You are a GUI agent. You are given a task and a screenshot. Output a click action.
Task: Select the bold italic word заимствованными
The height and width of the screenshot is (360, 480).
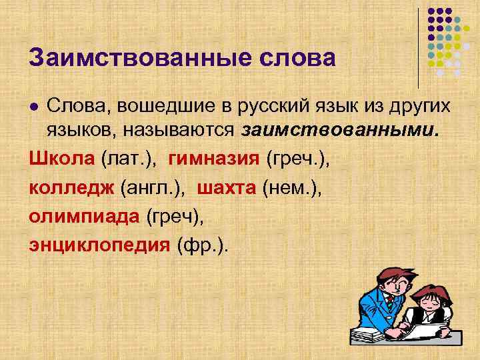pyautogui.click(x=341, y=130)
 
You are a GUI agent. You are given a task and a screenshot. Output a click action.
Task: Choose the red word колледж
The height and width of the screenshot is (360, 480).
pyautogui.click(x=72, y=187)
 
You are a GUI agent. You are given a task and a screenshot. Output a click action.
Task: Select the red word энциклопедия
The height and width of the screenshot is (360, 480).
pyautogui.click(x=99, y=245)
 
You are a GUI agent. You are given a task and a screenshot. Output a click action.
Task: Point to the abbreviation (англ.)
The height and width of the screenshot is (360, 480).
pyautogui.click(x=154, y=187)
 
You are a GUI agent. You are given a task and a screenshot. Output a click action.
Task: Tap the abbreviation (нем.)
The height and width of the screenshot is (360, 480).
pyautogui.click(x=292, y=187)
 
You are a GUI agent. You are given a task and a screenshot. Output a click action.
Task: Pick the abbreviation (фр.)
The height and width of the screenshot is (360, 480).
pyautogui.click(x=202, y=245)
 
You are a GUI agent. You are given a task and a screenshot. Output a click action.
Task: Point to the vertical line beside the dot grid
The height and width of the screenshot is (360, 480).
pyautogui.click(x=419, y=47)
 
